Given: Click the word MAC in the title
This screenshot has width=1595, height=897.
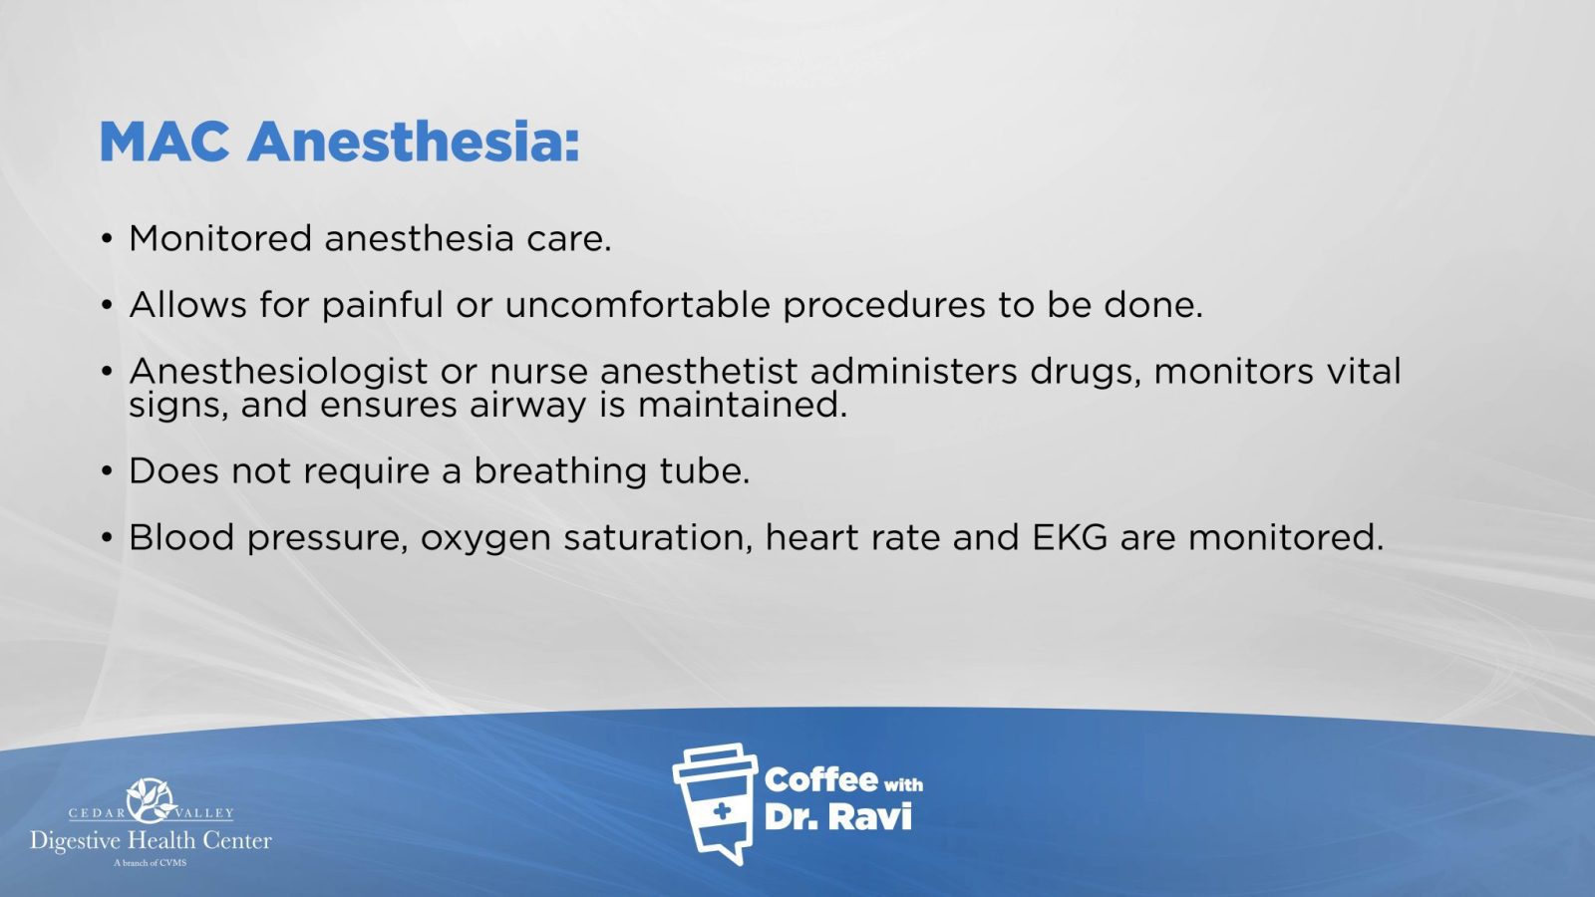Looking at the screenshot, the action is (x=164, y=142).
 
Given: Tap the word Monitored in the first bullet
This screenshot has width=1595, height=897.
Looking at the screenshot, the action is (x=220, y=238).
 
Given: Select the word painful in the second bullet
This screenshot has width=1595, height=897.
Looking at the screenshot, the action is (x=383, y=305).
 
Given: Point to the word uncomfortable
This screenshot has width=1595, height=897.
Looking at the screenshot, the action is (x=637, y=305).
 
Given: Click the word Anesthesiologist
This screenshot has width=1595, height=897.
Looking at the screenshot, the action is (x=278, y=372).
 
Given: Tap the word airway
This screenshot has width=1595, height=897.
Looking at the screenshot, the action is (x=527, y=406).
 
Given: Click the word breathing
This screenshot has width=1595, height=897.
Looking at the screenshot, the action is (x=560, y=471).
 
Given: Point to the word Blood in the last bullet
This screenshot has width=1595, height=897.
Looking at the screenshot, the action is (x=181, y=537).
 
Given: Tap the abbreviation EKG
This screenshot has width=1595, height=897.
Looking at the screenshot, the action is (x=1070, y=537).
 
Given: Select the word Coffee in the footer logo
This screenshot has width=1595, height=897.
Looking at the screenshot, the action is (x=820, y=781).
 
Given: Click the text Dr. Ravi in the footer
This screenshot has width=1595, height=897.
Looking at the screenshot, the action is (x=838, y=817).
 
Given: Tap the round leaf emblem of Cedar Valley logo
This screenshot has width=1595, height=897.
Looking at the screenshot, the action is (x=151, y=801).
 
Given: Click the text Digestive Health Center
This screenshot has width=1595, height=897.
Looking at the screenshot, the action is (x=151, y=841).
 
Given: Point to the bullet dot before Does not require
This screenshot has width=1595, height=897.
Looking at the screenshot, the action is (x=107, y=471).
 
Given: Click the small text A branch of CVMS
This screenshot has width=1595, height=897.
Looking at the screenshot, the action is (x=151, y=863).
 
